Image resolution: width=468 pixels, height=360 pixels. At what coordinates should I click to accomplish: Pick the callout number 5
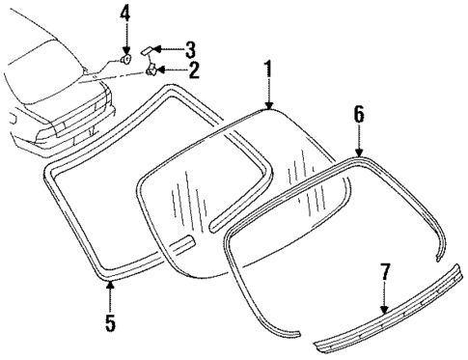(x=110, y=322)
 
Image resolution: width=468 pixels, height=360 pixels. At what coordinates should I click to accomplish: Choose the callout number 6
(x=359, y=114)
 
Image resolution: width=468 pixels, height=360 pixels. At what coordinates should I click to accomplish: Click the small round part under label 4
(x=125, y=60)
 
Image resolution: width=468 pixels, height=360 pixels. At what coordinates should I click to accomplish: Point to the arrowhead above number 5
(x=110, y=285)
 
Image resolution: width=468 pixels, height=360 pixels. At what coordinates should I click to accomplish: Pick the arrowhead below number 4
(x=125, y=50)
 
